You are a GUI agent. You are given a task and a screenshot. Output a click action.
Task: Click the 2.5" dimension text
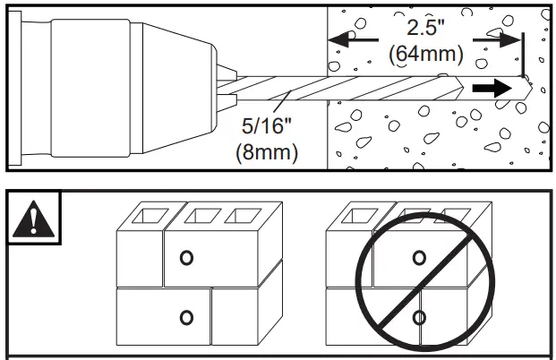click(x=424, y=30)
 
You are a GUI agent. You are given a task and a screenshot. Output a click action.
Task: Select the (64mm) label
click(x=426, y=54)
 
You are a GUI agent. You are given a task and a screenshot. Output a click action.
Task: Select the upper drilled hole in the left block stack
click(x=186, y=258)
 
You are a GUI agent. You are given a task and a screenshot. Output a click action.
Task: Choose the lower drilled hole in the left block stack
click(x=186, y=315)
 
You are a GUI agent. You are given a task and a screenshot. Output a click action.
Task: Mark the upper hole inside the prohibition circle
click(x=418, y=258)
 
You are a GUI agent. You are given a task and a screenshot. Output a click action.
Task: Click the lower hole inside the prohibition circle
click(x=418, y=315)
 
